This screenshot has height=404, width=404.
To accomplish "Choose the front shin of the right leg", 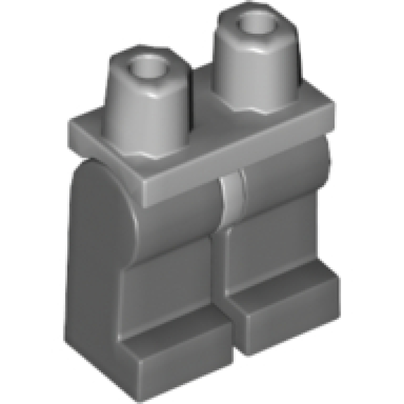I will tap(269, 242).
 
